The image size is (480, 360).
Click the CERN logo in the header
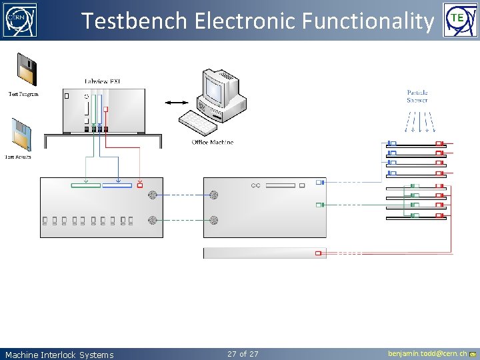click(20, 20)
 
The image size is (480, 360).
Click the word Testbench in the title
click(134, 21)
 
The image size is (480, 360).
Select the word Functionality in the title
click(367, 21)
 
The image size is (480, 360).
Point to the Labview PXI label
click(103, 82)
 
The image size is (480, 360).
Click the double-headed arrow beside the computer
click(177, 102)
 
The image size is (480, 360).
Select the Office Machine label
click(213, 142)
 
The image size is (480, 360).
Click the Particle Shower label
click(417, 96)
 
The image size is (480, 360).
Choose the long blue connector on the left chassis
click(117, 185)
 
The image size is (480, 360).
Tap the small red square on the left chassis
click(139, 185)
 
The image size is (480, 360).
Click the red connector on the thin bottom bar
click(319, 253)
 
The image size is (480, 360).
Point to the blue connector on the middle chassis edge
click(319, 182)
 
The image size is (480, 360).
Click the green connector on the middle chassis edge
click(319, 205)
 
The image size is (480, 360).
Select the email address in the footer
click(427, 353)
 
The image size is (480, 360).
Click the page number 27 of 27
click(243, 354)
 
